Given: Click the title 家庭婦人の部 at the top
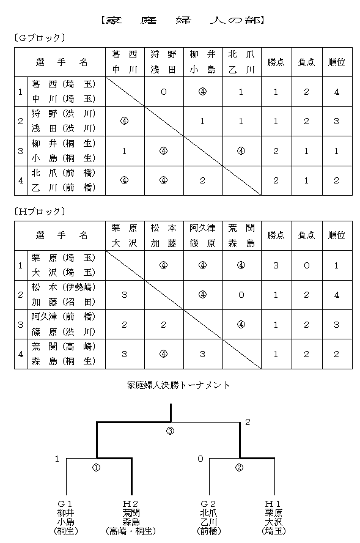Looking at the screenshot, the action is tap(183, 21).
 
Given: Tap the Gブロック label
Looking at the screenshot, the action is tap(39, 38).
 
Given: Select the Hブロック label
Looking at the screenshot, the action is tap(39, 212).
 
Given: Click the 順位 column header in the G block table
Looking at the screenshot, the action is tap(336, 62).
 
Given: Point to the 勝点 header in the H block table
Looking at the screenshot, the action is tap(276, 235).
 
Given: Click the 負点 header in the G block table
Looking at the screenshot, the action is tap(306, 62).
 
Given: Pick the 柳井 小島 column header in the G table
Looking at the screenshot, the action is tap(202, 62).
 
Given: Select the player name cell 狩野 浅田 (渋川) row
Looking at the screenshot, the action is tap(64, 121).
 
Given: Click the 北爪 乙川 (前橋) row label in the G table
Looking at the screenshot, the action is tap(64, 180).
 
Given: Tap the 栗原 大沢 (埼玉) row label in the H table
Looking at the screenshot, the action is tap(64, 265).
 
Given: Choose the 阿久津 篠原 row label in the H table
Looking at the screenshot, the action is tap(64, 325).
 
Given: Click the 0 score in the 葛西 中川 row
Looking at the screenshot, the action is tap(163, 92).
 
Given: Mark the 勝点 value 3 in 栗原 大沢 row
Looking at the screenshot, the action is tap(276, 265).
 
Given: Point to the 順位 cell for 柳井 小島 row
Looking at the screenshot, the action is tap(336, 151).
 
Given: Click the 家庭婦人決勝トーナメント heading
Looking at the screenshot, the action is tap(178, 385).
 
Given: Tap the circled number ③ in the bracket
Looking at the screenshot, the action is tap(171, 431).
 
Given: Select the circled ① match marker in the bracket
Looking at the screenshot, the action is tap(96, 468).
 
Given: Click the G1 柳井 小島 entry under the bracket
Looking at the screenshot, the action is tap(66, 517).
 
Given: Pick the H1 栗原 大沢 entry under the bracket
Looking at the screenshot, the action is tap(273, 517).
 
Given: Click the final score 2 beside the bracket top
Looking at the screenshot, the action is tap(248, 422).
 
